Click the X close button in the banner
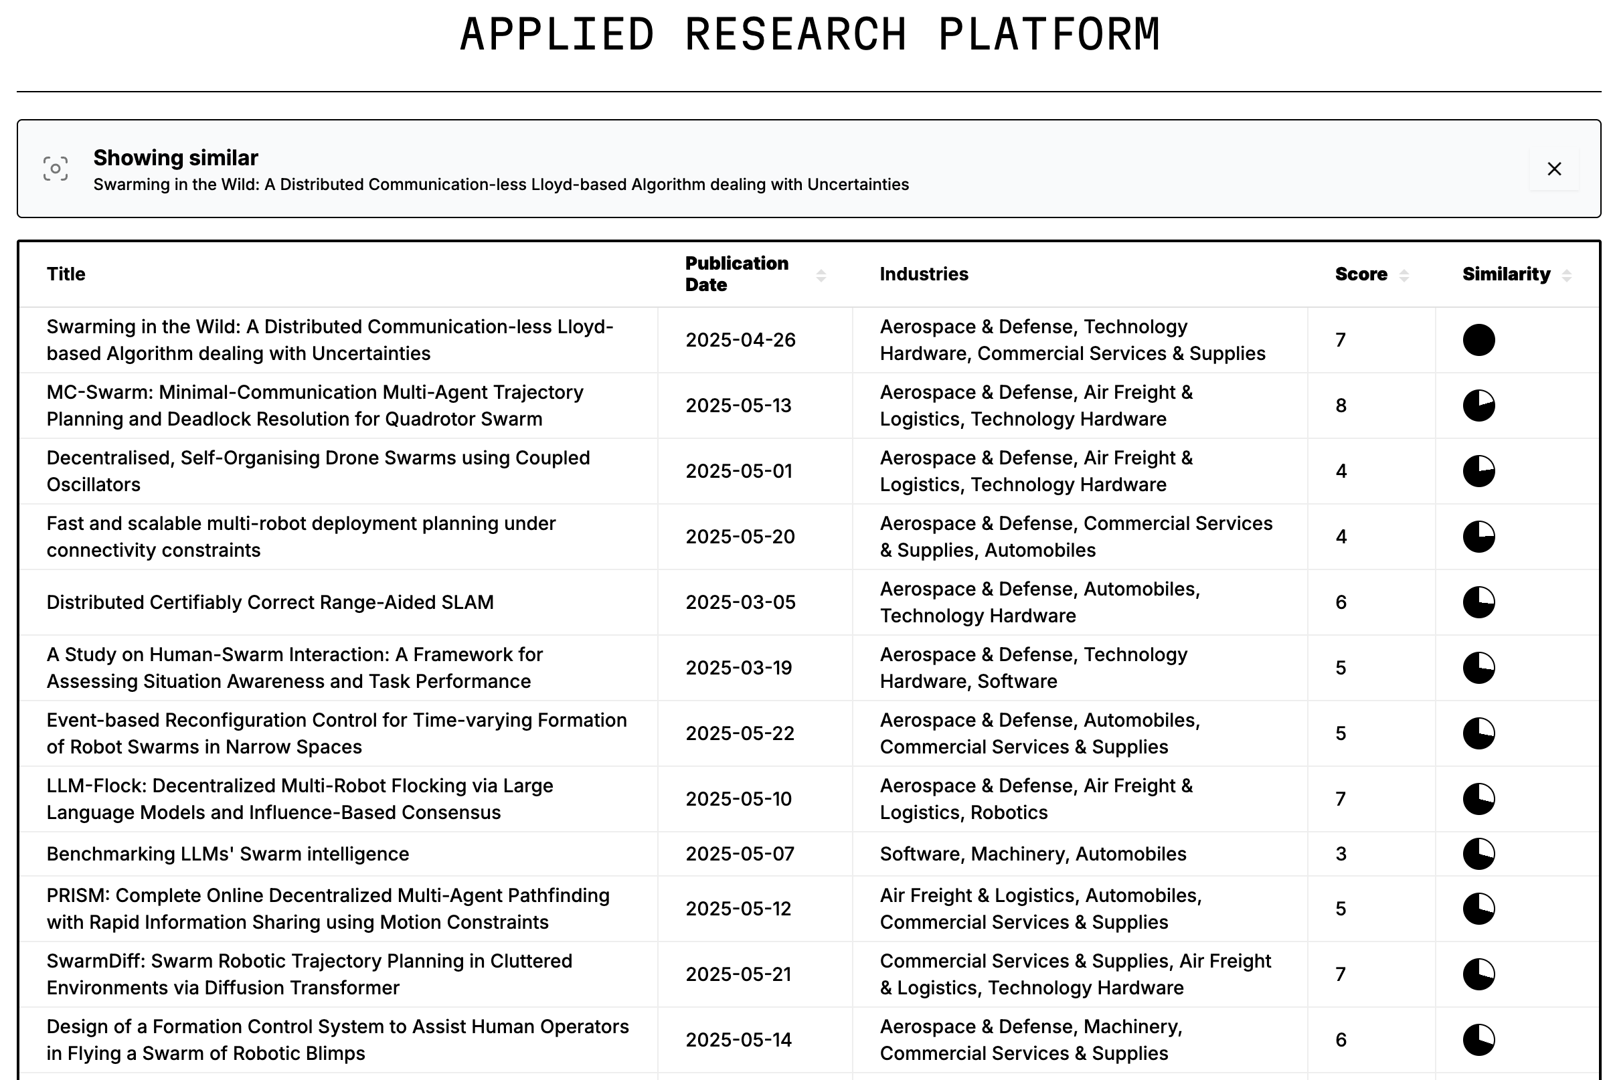1554,169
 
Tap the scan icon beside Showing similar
55,169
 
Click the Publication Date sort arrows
821,276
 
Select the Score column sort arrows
1404,276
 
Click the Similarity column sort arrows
1566,276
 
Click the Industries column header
924,274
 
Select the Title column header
66,274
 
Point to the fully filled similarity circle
1478,339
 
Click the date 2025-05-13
738,406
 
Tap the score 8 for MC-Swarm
1341,406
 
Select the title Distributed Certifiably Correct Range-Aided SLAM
270,602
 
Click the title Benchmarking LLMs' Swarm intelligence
228,854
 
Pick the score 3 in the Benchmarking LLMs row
1341,854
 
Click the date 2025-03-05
740,602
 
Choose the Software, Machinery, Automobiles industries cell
1033,854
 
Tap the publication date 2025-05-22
740,733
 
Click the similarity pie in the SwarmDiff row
1478,974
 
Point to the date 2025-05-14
738,1040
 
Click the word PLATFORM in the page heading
1049,34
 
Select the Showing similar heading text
175,158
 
